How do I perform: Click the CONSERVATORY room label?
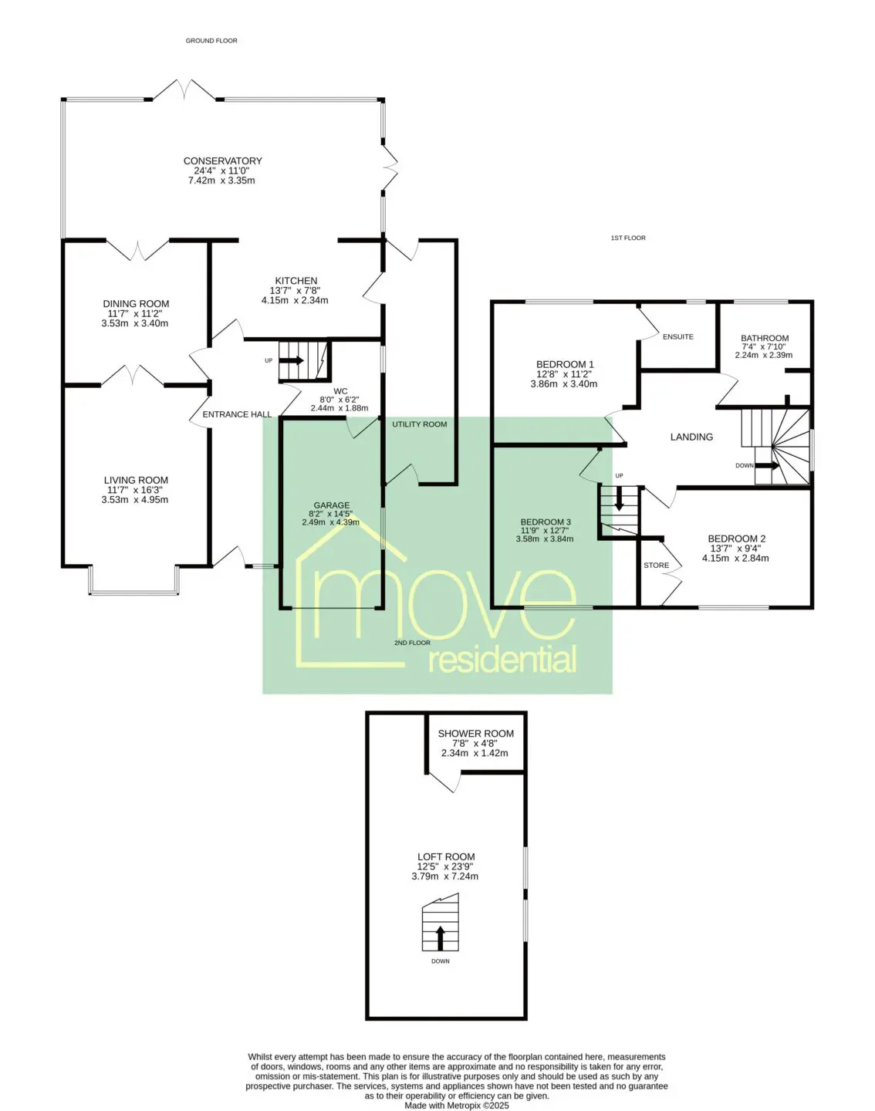(223, 161)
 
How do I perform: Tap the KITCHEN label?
(296, 281)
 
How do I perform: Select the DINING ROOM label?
(136, 304)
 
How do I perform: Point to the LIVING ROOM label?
(136, 480)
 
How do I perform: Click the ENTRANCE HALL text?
(237, 414)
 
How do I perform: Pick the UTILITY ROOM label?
(420, 424)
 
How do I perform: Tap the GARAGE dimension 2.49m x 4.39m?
(330, 522)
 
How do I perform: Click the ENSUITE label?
(678, 336)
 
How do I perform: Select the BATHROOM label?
(765, 339)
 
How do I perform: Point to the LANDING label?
(691, 437)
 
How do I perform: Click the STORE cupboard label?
(657, 566)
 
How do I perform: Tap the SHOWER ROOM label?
(476, 734)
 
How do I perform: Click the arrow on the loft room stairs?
(440, 938)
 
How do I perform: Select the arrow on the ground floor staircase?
(292, 360)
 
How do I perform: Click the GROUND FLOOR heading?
(211, 41)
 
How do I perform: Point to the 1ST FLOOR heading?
(628, 238)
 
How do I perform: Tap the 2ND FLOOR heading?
(412, 643)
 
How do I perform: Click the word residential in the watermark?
(502, 661)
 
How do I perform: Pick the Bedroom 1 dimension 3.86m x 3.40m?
(564, 384)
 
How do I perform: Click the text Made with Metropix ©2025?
(457, 1106)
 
